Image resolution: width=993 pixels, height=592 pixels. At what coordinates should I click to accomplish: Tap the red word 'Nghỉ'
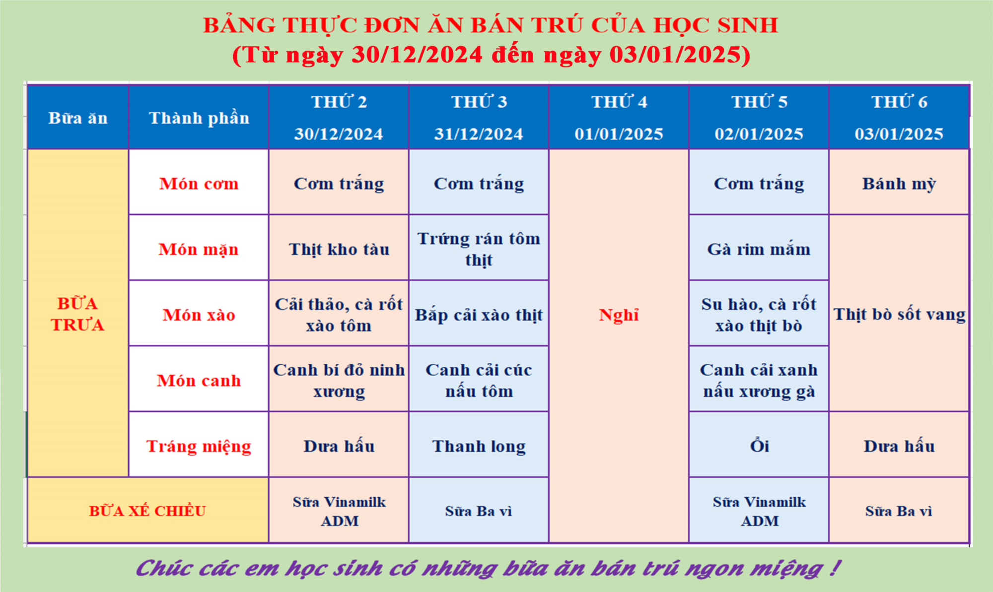coord(619,315)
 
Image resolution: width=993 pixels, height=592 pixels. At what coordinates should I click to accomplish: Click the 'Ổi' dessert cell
coord(759,445)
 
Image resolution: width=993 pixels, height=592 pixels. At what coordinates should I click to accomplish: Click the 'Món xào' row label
coord(199,315)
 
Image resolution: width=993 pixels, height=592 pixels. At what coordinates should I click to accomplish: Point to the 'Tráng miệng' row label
coord(199,446)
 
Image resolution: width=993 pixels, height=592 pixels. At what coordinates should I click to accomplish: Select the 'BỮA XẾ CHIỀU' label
coord(147,511)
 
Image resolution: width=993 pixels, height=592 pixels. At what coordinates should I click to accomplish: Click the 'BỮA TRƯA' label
coord(77,314)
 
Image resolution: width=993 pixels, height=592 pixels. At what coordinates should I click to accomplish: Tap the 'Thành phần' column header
coord(199,118)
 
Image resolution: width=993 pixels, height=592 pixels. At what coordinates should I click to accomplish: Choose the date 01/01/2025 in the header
coord(619,134)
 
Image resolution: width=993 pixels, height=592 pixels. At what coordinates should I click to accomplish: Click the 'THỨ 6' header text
coord(899,102)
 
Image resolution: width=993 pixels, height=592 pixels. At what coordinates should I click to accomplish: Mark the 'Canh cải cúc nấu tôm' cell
coord(479,381)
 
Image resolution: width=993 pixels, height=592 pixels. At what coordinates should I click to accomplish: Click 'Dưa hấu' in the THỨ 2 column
coord(339,446)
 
